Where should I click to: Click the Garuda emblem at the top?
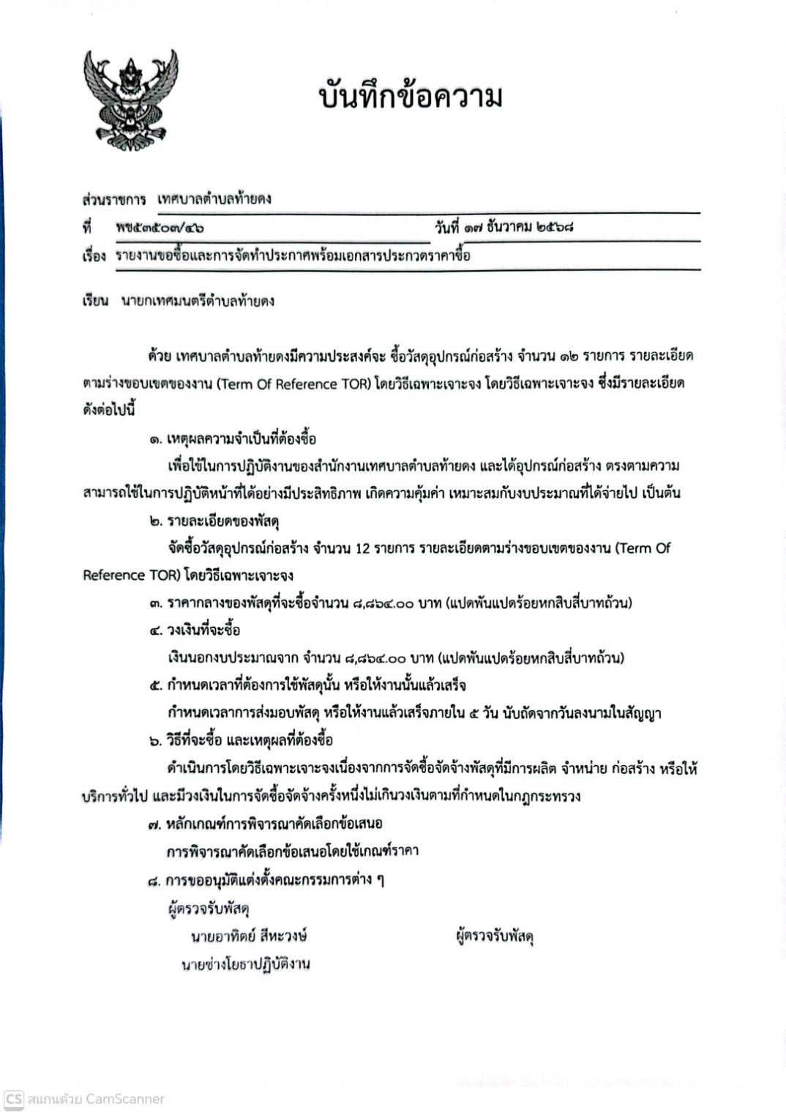[130, 100]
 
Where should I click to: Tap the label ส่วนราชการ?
[113, 199]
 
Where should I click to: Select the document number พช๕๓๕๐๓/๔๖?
[160, 228]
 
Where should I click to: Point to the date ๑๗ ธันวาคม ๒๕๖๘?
[517, 227]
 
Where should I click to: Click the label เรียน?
[95, 301]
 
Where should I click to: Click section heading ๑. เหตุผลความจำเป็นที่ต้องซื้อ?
[233, 439]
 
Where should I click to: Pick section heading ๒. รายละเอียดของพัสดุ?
[214, 521]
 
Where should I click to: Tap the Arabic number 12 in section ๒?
[362, 548]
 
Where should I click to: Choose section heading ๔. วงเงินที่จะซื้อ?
[195, 630]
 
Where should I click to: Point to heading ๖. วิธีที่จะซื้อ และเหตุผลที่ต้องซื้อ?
[241, 740]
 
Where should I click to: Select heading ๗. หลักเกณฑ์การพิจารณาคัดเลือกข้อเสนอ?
[265, 824]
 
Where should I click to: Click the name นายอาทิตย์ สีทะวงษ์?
[249, 936]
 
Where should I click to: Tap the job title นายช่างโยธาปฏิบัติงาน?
[245, 964]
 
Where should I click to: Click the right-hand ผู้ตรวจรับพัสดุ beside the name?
[495, 936]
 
